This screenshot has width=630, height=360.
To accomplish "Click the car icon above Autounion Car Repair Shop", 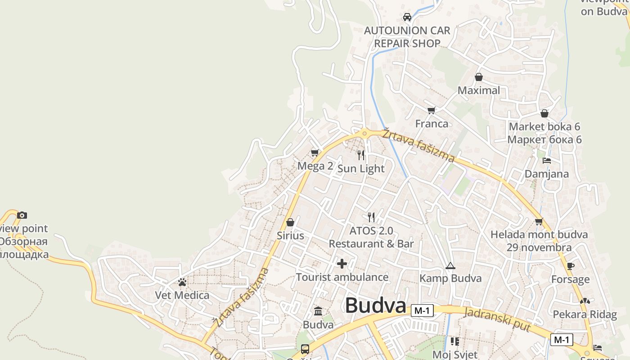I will (x=407, y=17).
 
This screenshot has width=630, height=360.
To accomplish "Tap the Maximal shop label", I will (x=479, y=90).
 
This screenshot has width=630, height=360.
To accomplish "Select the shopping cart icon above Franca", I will (x=432, y=110).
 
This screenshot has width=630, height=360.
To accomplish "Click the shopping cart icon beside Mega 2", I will (x=315, y=153).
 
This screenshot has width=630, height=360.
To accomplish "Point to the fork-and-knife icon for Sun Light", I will (x=361, y=155).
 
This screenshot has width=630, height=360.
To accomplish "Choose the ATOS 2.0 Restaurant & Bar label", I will (x=371, y=237).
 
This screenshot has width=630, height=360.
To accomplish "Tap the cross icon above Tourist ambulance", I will (x=342, y=264).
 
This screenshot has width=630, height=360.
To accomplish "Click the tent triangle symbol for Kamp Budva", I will (x=450, y=266).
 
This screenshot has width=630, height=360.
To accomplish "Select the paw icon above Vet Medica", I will (x=182, y=282).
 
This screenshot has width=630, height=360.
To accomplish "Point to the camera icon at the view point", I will (x=22, y=216).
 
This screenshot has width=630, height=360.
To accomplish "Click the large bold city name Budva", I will (x=376, y=306).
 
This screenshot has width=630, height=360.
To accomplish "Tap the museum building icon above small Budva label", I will (x=318, y=311).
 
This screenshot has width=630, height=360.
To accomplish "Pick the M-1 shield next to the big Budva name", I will (x=422, y=310).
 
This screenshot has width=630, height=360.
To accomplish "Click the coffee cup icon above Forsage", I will (x=571, y=266).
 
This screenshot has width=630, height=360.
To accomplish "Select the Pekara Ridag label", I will (x=585, y=315).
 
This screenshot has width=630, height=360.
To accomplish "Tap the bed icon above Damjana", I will (x=547, y=160).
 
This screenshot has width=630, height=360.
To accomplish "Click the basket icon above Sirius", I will (x=290, y=222).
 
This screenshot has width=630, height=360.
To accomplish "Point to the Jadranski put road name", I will (x=497, y=320).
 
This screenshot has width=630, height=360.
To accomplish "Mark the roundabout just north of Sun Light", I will (x=364, y=133).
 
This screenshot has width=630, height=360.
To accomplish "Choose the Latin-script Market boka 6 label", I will (x=544, y=127).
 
